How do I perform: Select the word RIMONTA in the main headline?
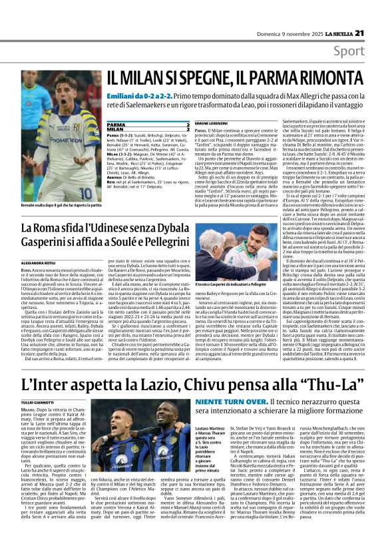(326, 78)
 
